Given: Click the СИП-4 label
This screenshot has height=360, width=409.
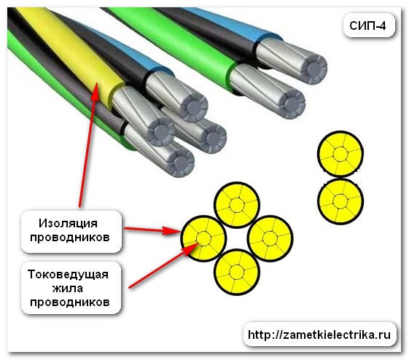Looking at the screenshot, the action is coord(367,26).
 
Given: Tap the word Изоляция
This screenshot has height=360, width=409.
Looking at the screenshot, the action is coord(68,224).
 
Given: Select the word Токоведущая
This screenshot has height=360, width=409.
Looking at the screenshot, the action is coord(68,274).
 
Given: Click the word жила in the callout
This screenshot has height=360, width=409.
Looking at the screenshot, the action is coord(68,289).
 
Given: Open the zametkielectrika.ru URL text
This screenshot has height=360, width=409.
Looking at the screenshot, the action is coord(319,334).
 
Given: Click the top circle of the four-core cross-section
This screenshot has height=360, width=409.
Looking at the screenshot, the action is coord(237,206).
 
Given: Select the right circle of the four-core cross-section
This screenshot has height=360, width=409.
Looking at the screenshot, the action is coord(270,238).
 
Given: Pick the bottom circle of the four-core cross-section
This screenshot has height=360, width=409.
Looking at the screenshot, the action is coord(237,272).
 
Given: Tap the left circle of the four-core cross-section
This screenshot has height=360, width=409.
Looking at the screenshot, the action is coord(203,238).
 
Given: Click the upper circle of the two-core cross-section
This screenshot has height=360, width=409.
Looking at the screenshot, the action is coord(340,154).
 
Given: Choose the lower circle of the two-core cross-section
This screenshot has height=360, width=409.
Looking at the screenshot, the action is coord(340,201).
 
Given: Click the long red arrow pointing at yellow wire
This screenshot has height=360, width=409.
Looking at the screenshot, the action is coord(88,145).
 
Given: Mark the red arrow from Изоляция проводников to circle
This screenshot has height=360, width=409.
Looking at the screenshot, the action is coord(152,230).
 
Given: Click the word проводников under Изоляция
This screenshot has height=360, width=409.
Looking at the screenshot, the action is coord(70,238).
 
